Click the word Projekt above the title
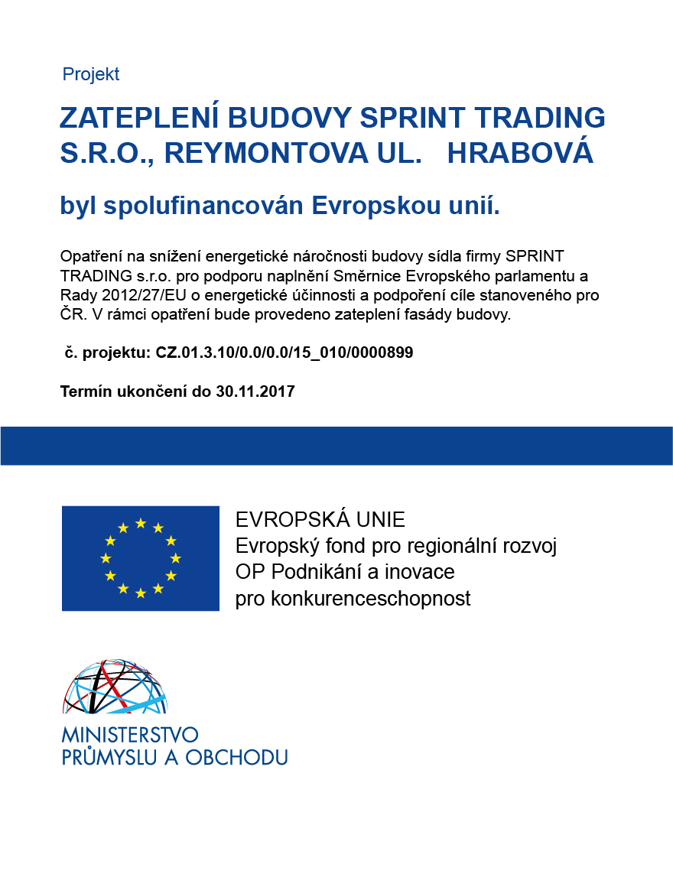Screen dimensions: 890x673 pos(91,74)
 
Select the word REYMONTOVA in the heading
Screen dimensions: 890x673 pos(266,153)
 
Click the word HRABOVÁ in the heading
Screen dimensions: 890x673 pos(520,153)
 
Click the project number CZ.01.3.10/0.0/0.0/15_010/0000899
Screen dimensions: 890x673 pos(284,352)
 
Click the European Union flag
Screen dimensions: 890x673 pos(141,558)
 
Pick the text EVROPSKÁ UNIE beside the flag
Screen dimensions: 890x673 pos(320,520)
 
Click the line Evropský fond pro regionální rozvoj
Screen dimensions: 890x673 pos(396,546)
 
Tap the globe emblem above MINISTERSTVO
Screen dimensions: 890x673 pos(115,687)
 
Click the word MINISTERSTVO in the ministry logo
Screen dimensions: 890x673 pos(130,735)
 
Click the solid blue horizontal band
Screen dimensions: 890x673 pos(336,446)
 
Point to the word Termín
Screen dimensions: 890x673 pos(85,391)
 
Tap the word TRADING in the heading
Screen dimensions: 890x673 pos(540,117)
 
